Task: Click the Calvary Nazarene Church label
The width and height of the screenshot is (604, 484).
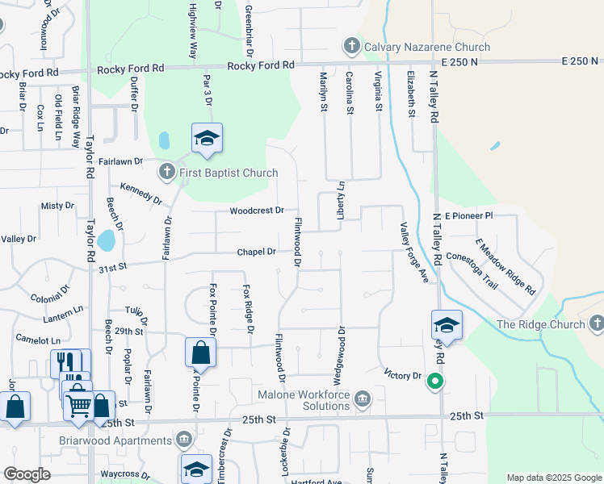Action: [427, 45]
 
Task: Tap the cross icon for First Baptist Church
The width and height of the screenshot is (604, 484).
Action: [166, 172]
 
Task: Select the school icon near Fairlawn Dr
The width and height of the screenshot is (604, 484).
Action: [207, 140]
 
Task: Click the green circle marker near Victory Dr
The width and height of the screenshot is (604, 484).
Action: [436, 382]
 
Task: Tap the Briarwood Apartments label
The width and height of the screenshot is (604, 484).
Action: [125, 440]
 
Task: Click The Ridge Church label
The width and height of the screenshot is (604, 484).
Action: [540, 324]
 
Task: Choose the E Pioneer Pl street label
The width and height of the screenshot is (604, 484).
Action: [469, 216]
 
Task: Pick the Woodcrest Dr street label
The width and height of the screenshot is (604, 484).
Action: [257, 211]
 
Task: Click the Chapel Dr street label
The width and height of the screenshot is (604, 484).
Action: [257, 252]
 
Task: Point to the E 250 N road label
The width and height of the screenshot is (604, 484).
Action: [582, 61]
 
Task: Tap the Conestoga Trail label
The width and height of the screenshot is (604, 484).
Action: [480, 269]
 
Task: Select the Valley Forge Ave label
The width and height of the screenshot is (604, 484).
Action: [412, 252]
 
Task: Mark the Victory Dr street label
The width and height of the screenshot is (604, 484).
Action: [403, 375]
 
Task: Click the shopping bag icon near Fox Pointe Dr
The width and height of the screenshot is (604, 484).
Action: [200, 353]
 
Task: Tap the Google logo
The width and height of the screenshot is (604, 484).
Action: [27, 474]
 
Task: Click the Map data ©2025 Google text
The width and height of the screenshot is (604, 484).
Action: [553, 478]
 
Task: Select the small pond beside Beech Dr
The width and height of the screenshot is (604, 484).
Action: [106, 240]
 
